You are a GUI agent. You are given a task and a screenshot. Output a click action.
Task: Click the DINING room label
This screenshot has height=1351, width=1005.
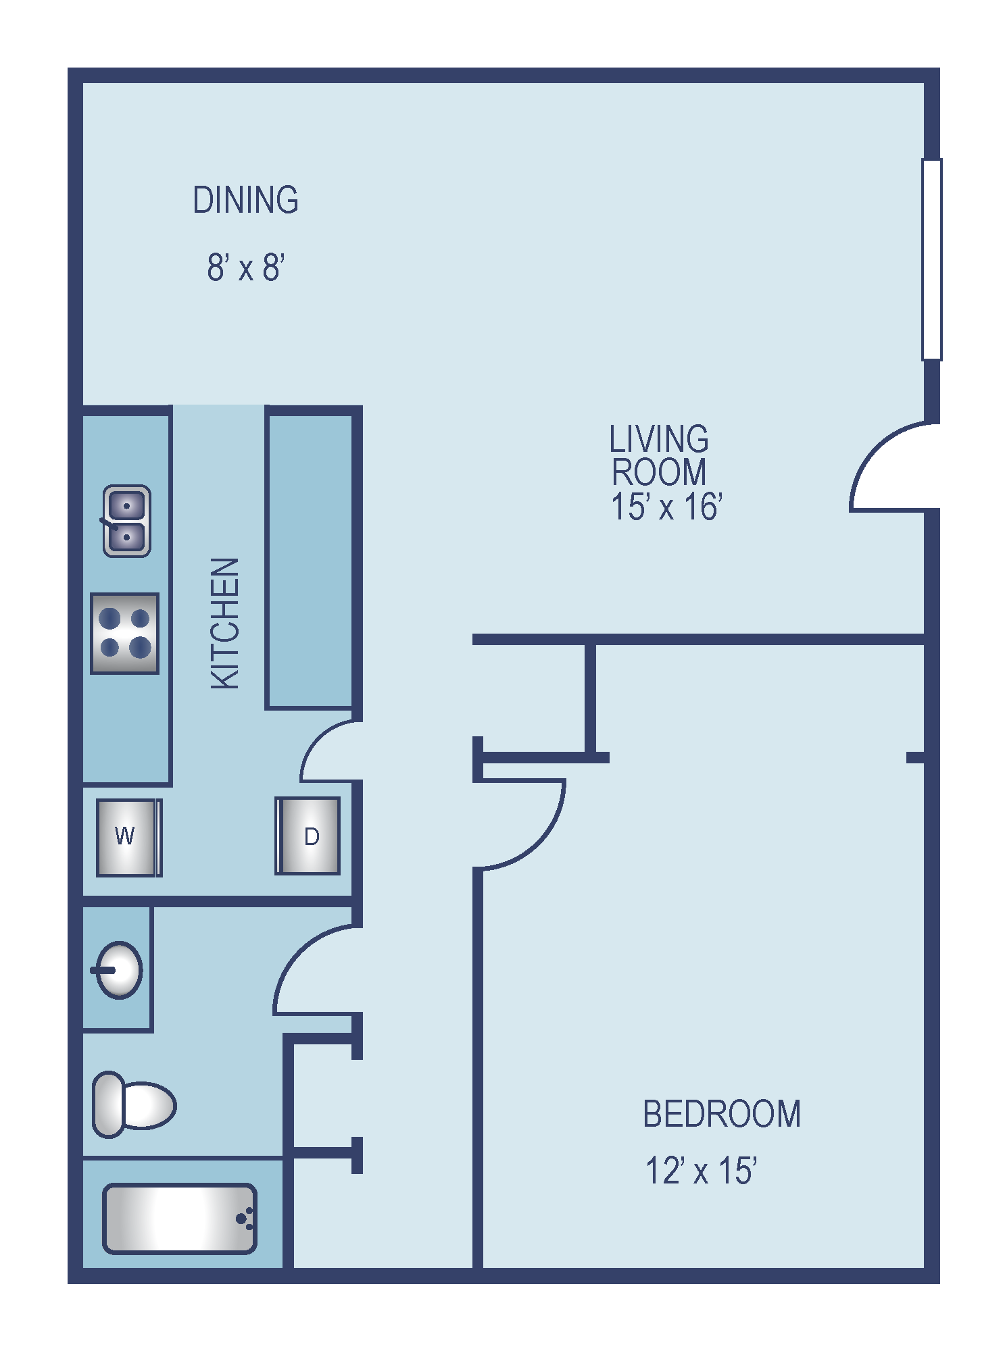[x=245, y=200]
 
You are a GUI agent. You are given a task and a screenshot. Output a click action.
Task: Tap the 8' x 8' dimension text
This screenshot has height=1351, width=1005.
[x=246, y=267]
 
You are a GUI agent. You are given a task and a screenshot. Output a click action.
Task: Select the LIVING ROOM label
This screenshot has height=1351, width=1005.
[x=659, y=455]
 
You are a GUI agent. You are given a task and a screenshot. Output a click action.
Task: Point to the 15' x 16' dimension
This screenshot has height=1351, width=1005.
[x=666, y=507]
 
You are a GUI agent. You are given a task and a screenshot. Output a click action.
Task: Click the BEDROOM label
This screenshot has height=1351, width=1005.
[x=722, y=1114]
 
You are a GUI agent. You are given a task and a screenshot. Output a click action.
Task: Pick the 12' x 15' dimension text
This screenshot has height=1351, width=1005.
[x=701, y=1171]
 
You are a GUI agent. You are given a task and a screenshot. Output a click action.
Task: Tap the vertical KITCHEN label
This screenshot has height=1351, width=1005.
[x=225, y=623]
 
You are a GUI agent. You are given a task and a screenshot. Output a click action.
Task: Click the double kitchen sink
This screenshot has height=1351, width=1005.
[x=126, y=521]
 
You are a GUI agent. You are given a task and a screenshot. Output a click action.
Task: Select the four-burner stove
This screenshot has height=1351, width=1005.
[x=125, y=634]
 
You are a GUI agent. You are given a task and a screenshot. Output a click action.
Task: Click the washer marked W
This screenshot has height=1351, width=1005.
[x=129, y=838]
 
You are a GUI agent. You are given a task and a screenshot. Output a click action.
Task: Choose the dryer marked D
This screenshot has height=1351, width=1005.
[x=308, y=836]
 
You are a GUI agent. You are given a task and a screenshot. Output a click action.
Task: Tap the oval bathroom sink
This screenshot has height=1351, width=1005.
[x=118, y=970]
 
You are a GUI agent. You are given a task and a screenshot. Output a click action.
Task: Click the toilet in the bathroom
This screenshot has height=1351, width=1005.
[x=134, y=1105]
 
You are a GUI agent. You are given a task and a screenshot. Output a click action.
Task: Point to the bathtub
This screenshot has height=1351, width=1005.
[x=180, y=1219]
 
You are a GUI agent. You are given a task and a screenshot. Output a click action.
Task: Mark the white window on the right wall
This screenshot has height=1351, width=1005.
[x=932, y=259]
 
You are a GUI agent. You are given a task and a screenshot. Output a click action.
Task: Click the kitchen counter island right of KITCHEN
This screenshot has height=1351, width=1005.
[x=310, y=561]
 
